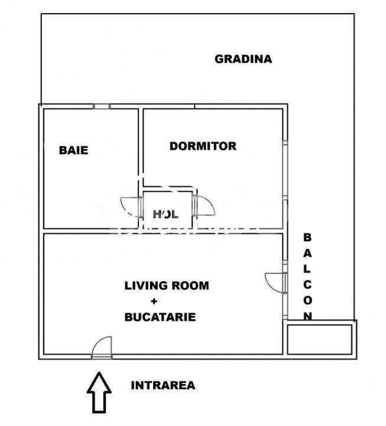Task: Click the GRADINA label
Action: [x=243, y=59]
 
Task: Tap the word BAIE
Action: [x=73, y=150]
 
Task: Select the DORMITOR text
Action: [x=203, y=146]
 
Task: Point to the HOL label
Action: [x=166, y=214]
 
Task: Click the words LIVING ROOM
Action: [x=167, y=285]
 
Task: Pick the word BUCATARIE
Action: [x=160, y=317]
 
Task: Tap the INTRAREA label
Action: [x=163, y=386]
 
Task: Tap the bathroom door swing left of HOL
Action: [x=131, y=207]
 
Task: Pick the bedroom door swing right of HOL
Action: [x=205, y=206]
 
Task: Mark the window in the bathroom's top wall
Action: [x=102, y=106]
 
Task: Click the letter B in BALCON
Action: [x=307, y=237]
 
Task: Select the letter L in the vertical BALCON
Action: [x=307, y=268]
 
